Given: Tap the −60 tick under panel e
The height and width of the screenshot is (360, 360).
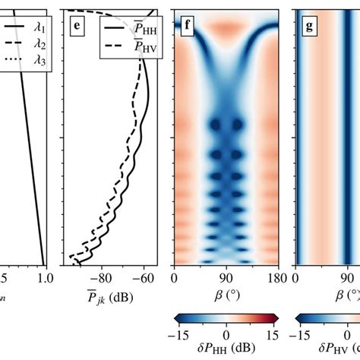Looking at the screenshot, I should (x=142, y=279).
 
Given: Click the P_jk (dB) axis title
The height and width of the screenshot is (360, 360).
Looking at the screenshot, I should (x=106, y=296).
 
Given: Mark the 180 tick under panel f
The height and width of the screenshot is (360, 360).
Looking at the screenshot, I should (x=278, y=279).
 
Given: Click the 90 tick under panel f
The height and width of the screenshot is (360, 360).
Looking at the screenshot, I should (x=226, y=279).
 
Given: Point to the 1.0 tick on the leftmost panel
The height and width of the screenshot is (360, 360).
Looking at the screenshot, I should (x=43, y=279).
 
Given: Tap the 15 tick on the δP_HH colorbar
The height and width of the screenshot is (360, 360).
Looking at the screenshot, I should (x=271, y=334).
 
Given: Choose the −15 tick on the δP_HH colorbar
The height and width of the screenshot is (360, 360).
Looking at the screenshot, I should (x=179, y=334).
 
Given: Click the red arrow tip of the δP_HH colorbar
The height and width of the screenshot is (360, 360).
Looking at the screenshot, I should (x=275, y=318).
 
